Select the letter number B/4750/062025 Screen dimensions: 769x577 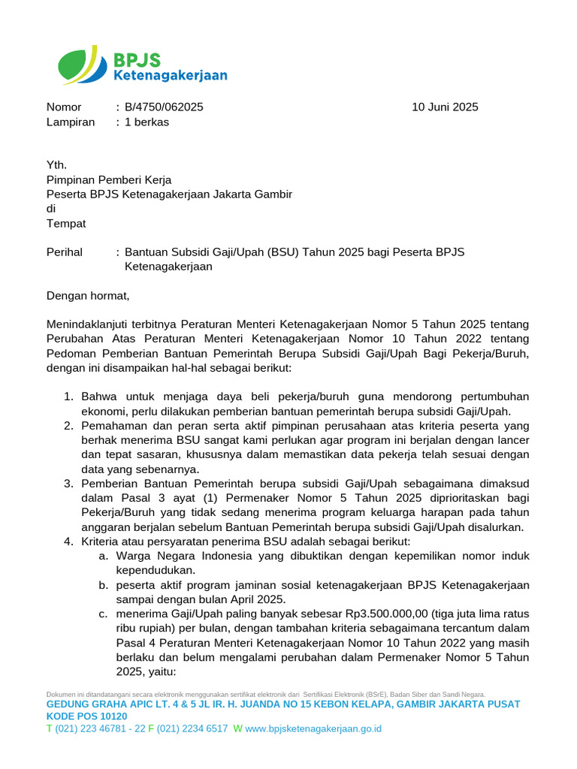point(164,107)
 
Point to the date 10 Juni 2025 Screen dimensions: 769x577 point(445,107)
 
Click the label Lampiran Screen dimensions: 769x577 point(71,122)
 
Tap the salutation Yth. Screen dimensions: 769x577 point(56,165)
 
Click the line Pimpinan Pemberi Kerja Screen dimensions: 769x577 point(109,180)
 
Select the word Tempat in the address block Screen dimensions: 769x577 point(66,224)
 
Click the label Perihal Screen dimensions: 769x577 point(65,252)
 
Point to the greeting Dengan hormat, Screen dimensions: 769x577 point(88,296)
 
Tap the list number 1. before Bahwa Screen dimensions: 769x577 point(68,397)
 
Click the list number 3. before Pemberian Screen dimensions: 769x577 point(68,484)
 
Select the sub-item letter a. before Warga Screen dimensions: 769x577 point(104,556)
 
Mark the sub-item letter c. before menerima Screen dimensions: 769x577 point(104,614)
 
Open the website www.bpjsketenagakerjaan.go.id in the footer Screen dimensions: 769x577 point(314,728)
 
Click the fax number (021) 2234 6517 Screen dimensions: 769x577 point(192,728)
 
